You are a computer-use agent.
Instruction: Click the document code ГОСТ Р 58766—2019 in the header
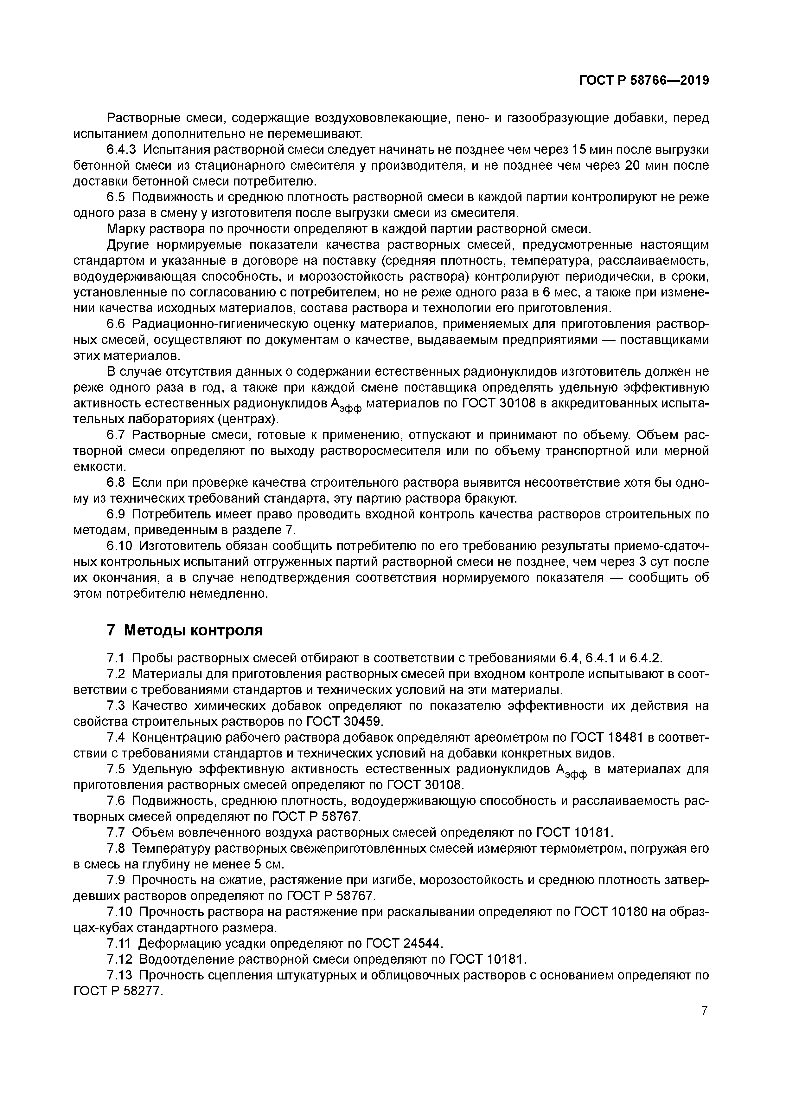tap(644, 81)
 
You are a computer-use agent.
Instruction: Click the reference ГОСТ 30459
tap(345, 722)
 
